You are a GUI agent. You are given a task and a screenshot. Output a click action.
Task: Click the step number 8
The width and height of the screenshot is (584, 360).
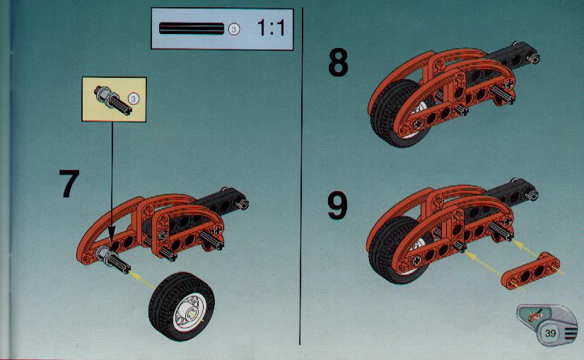point(338,63)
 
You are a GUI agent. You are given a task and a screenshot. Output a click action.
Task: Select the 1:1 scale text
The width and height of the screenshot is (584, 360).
point(271,28)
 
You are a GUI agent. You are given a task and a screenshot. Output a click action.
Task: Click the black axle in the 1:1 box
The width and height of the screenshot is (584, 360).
point(192,29)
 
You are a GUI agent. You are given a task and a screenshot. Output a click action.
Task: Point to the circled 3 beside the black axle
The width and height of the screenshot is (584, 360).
point(234,29)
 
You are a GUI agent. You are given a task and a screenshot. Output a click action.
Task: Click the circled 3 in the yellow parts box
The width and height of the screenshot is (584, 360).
point(134,99)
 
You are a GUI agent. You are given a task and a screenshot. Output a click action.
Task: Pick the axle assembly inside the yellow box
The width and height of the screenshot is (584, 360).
point(113,100)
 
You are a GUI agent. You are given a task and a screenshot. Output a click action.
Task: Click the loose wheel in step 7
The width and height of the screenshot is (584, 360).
point(182,306)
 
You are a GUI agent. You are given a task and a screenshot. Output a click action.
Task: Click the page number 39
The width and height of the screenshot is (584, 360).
point(550,333)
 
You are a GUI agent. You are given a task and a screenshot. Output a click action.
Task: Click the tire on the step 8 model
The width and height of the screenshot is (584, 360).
point(395,114)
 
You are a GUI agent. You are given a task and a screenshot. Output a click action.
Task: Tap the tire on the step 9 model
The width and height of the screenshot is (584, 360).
point(393,250)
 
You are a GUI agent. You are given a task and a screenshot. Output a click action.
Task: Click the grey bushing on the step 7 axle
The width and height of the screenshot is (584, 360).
point(104,255)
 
